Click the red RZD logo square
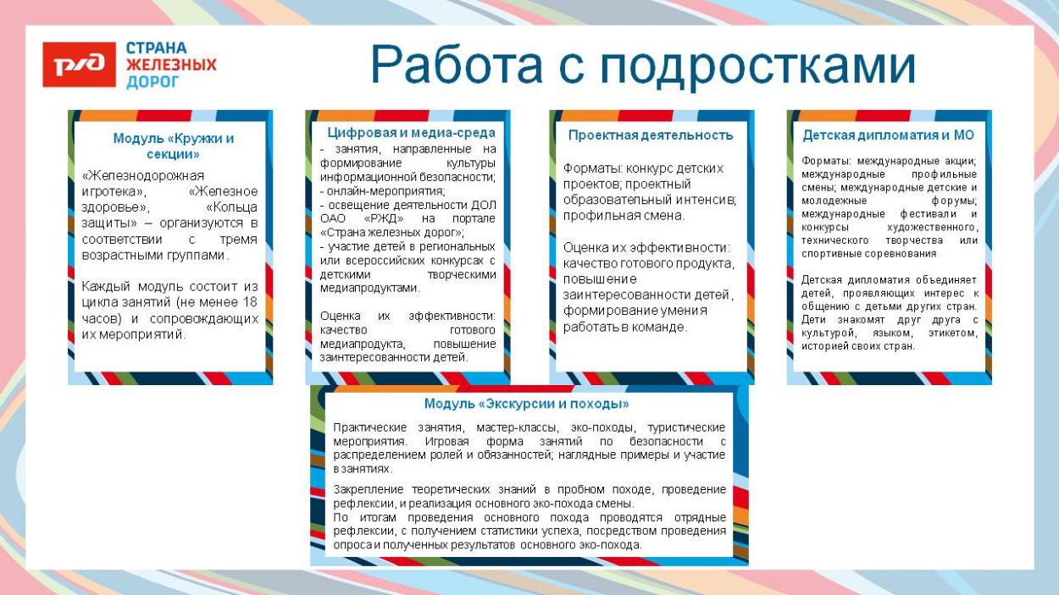pyautogui.click(x=79, y=64)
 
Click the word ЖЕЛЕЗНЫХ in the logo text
pyautogui.click(x=171, y=65)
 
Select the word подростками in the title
pyautogui.click(x=758, y=66)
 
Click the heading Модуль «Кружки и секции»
pyautogui.click(x=174, y=146)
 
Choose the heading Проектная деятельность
pyautogui.click(x=651, y=135)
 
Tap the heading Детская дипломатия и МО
pyautogui.click(x=888, y=135)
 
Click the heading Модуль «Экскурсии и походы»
pyautogui.click(x=526, y=404)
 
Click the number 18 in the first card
pyautogui.click(x=250, y=302)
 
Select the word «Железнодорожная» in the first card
pyautogui.click(x=143, y=175)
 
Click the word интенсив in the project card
pyautogui.click(x=708, y=200)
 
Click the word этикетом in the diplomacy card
pyautogui.click(x=951, y=333)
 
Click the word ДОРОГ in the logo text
pyautogui.click(x=152, y=82)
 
